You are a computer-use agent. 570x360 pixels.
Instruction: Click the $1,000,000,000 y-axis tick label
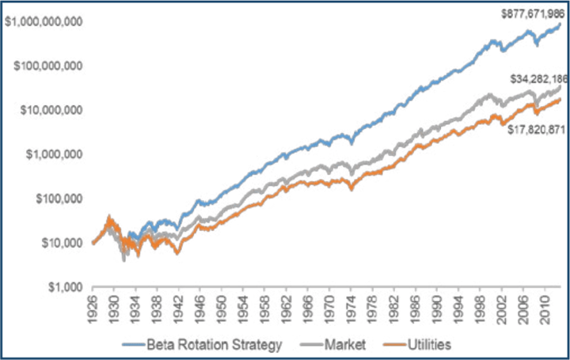coord(42,22)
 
